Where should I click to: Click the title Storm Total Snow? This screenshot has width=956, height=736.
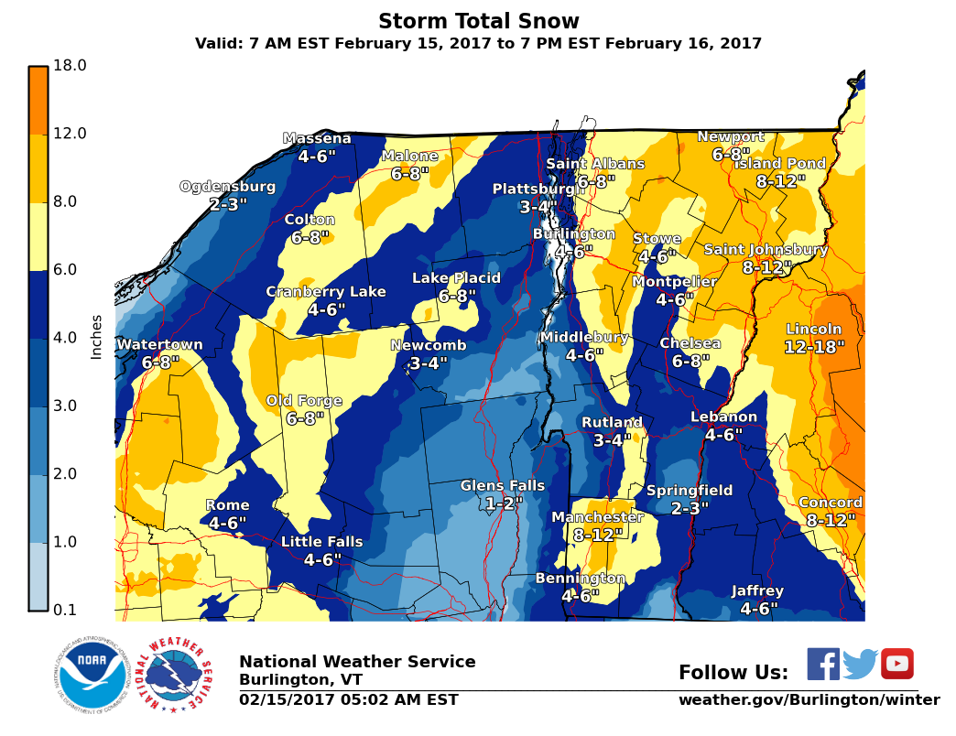478,21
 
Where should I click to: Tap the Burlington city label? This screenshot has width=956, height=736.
574,234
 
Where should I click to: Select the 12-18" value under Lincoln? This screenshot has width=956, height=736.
814,348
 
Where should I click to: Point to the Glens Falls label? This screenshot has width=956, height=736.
502,486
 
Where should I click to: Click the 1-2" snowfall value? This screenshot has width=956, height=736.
504,503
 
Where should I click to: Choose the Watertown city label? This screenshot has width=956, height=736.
159,345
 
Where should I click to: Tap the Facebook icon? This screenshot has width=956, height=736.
822,664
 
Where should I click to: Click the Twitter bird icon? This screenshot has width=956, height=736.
860,665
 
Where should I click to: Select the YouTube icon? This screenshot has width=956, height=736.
896,664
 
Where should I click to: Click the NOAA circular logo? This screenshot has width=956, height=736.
90,674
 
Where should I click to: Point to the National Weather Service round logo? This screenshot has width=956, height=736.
175,674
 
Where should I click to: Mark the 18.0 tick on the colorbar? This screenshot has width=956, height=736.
70,66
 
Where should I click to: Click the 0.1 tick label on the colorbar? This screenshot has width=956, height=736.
70,611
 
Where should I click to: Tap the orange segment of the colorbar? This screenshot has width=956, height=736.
38,101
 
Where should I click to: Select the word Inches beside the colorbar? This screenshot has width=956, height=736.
96,337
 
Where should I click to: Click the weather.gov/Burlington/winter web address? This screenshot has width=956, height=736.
809,700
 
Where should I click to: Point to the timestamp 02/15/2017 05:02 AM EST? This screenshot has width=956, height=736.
349,700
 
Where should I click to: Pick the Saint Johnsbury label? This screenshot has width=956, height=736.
766,250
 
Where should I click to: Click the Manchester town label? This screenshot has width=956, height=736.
597,517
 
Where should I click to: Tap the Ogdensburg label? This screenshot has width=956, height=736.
227,187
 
